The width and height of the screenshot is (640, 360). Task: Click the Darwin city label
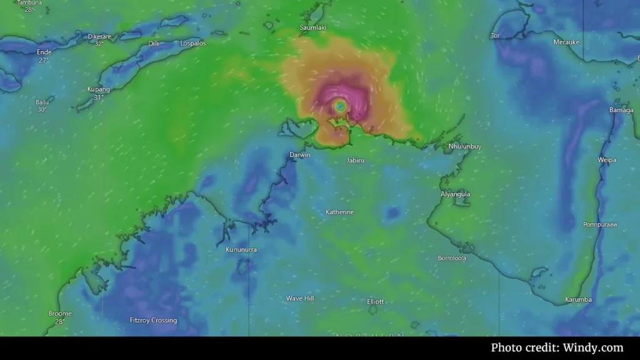point(300,154)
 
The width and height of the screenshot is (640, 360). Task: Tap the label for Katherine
point(339,212)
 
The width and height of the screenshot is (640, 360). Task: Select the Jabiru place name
point(355,161)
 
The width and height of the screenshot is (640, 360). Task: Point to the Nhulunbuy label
point(465,147)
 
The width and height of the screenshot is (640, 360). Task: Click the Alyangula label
point(455,194)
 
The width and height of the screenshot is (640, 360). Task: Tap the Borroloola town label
point(452,258)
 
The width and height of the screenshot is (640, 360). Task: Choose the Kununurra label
point(241,249)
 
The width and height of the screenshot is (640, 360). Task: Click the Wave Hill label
point(300,298)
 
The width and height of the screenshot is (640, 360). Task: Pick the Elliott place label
point(376,301)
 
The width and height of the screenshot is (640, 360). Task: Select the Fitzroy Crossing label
point(153,321)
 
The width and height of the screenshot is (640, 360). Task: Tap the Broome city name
point(60,314)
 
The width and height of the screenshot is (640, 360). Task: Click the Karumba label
point(578,300)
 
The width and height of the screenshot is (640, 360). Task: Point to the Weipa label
point(607,160)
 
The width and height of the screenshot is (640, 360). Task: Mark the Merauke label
point(566,42)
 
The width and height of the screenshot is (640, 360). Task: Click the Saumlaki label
point(313,28)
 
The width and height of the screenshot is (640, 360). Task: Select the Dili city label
point(153,44)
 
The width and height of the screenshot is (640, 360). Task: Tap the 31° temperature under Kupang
point(98,97)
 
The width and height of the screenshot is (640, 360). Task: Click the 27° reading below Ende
point(44,61)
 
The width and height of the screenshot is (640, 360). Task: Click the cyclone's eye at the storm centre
point(339,107)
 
